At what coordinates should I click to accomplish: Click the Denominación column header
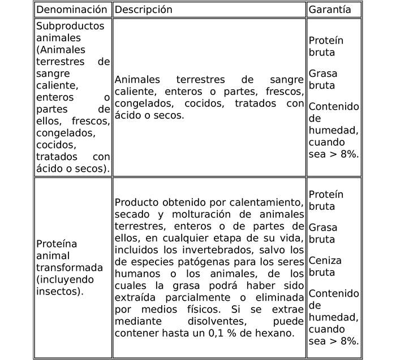(x=72, y=10)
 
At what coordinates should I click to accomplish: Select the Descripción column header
(x=143, y=10)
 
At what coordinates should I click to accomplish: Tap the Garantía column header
(x=330, y=10)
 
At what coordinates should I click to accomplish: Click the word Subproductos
(x=70, y=27)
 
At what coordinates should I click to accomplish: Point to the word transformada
(x=70, y=267)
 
